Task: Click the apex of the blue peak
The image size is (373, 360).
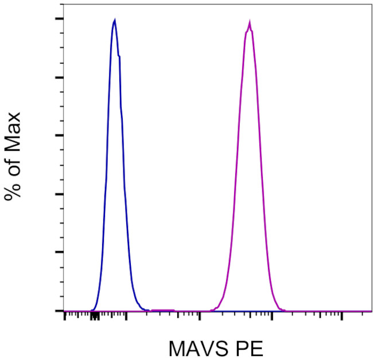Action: [115, 20]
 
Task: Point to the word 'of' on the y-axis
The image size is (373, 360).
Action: [13, 162]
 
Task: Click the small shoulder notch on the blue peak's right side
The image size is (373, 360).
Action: [119, 56]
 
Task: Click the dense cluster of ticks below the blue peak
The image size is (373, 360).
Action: [95, 315]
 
